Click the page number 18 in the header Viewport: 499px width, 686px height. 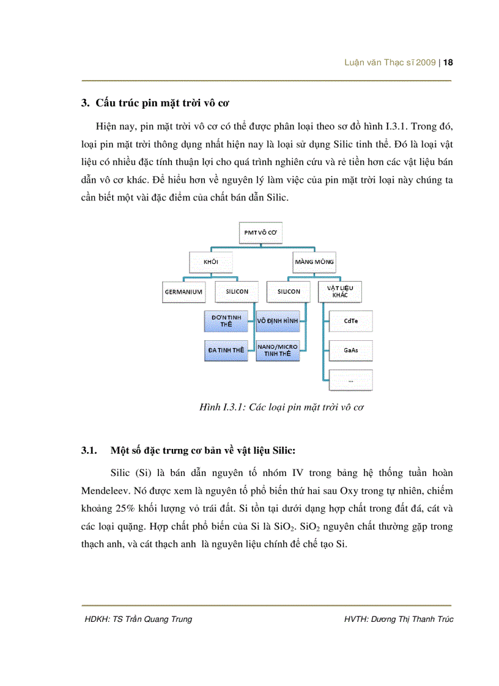coord(448,62)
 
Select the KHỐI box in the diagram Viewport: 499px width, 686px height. coord(210,262)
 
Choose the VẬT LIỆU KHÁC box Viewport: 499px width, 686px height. coord(340,291)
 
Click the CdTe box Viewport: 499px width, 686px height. coord(350,321)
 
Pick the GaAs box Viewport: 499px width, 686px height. coord(350,350)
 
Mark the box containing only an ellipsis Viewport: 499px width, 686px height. coord(350,379)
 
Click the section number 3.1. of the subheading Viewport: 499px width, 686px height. coord(91,451)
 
